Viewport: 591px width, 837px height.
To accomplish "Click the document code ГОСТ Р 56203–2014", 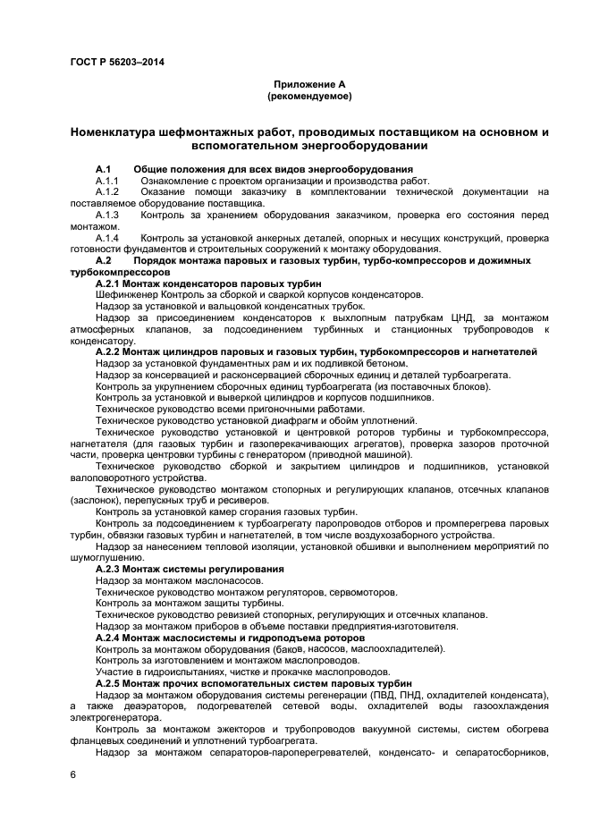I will pyautogui.click(x=116, y=62).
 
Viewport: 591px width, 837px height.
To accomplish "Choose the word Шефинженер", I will pyautogui.click(x=124, y=294).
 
